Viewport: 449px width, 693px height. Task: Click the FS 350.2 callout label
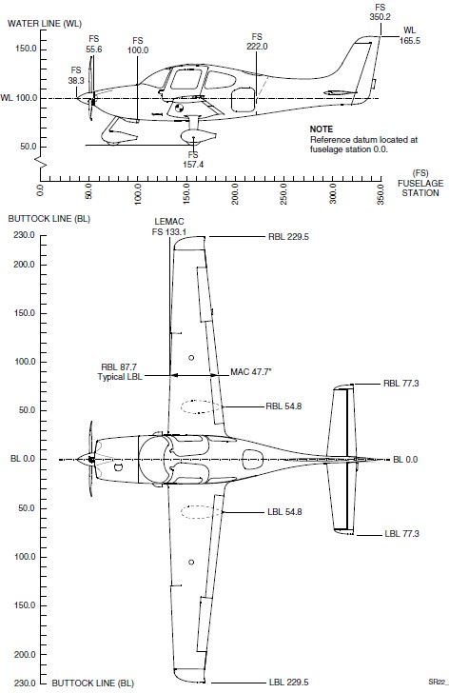point(380,12)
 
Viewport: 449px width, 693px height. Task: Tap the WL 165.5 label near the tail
point(410,35)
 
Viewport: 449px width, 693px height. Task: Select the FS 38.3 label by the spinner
point(76,75)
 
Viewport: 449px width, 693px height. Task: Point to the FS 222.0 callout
point(257,42)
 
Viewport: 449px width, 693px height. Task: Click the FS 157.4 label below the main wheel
point(193,160)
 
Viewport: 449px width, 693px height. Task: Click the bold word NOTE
point(321,129)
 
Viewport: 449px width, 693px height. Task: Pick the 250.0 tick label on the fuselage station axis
point(283,194)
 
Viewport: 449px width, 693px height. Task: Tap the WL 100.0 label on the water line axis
point(19,98)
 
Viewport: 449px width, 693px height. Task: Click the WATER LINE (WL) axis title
point(45,24)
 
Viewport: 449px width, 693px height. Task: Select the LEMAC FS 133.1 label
point(169,227)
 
